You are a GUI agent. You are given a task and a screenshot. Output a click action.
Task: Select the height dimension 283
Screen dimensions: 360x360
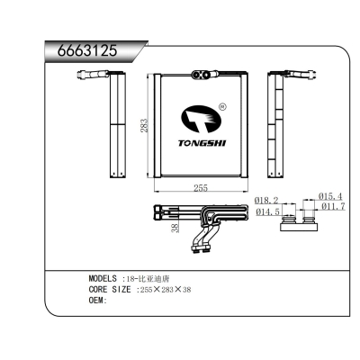pos(144,127)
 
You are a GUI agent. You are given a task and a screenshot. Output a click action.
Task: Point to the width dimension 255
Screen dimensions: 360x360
pos(202,188)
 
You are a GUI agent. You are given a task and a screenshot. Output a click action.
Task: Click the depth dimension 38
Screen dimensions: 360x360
pos(174,229)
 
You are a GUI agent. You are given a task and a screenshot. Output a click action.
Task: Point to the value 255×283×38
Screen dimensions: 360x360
pos(166,289)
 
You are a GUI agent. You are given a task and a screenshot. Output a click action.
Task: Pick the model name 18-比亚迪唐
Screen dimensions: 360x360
pos(156,278)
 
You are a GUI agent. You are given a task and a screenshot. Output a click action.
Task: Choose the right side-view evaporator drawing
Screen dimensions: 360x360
pos(278,125)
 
